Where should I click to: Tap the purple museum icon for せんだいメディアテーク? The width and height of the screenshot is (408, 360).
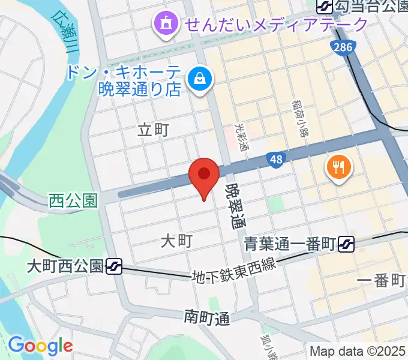[164, 24]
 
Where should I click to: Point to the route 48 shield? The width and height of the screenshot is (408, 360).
[275, 160]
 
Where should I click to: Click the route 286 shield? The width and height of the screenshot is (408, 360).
[344, 48]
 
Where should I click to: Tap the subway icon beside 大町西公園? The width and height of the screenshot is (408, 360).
[114, 266]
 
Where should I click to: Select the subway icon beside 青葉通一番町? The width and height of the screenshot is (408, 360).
[346, 244]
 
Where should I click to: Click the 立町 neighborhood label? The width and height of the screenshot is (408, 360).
[154, 130]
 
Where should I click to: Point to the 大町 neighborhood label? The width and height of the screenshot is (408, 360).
[176, 241]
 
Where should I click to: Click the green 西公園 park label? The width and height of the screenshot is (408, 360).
[73, 200]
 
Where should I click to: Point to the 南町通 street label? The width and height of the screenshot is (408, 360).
[207, 316]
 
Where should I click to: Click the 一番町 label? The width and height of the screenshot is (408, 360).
[382, 281]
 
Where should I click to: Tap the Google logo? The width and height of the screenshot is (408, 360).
[40, 346]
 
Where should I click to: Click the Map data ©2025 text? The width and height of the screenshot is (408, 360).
[358, 351]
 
